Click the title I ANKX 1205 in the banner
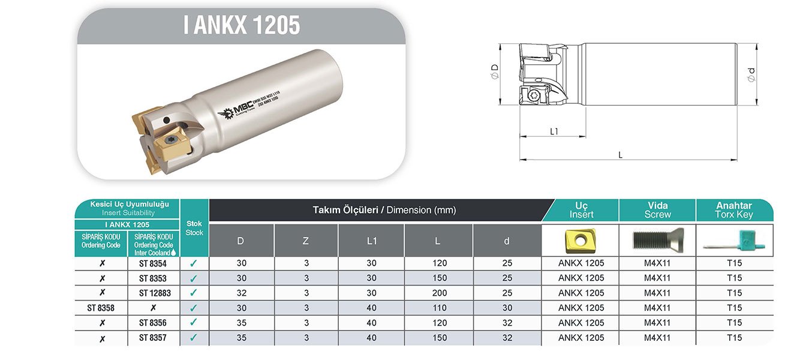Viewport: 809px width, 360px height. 241,26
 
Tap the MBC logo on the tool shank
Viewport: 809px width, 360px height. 237,110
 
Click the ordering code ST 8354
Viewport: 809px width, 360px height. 153,263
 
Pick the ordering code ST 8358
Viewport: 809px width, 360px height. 101,308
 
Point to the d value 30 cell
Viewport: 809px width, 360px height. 507,308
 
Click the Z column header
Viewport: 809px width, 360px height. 306,241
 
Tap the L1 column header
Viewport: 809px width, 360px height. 371,241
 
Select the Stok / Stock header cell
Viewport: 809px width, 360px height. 194,228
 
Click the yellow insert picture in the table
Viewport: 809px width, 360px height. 579,241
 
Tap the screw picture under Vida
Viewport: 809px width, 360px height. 657,241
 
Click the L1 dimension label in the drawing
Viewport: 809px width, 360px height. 554,131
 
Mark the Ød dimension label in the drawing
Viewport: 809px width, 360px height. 751,74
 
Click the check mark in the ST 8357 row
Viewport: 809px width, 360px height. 194,338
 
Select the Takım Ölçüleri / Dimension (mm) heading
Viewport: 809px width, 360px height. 384,210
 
